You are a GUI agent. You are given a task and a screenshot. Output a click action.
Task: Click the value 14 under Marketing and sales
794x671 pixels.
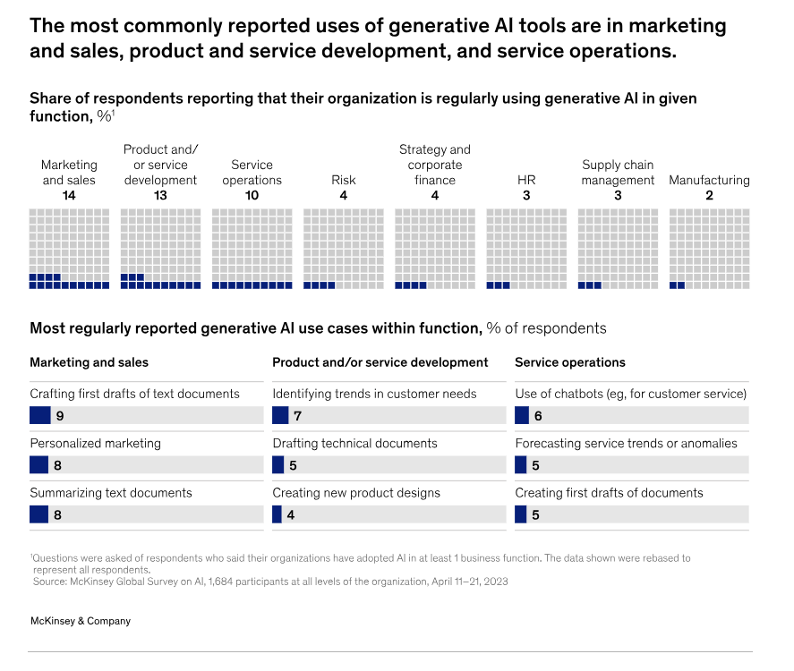(x=69, y=195)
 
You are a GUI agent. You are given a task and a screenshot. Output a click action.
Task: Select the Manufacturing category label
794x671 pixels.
(x=709, y=180)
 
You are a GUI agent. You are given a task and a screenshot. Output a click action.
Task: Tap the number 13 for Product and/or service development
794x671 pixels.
(x=160, y=195)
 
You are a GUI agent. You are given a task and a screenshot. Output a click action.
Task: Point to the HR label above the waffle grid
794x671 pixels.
(x=526, y=180)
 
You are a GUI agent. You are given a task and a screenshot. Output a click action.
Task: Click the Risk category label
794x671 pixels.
(x=343, y=180)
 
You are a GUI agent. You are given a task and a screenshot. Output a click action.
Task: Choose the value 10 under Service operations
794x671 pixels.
(x=252, y=195)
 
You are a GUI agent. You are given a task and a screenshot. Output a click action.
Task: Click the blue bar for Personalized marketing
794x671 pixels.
(x=38, y=465)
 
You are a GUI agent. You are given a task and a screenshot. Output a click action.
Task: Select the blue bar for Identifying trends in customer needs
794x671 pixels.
(x=280, y=416)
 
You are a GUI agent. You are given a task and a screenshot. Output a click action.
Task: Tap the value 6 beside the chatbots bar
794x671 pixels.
(x=538, y=416)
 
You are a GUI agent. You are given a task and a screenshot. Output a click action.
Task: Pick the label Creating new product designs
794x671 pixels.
(x=356, y=493)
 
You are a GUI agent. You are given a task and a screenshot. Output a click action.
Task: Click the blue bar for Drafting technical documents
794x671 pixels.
(x=277, y=465)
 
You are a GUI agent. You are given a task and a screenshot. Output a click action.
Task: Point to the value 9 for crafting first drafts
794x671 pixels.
(x=59, y=416)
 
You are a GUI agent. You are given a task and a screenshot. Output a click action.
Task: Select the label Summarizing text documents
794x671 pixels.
(x=111, y=493)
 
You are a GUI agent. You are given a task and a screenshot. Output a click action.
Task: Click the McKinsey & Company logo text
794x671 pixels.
(x=81, y=621)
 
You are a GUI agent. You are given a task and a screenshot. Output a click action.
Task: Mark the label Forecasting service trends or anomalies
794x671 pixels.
(x=626, y=443)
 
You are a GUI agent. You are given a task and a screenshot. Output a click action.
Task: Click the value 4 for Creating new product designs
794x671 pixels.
(x=291, y=514)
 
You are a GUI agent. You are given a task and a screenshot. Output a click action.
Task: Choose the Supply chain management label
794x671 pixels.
(x=618, y=173)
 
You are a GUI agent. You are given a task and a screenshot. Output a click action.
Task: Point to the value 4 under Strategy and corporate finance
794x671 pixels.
(x=434, y=195)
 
